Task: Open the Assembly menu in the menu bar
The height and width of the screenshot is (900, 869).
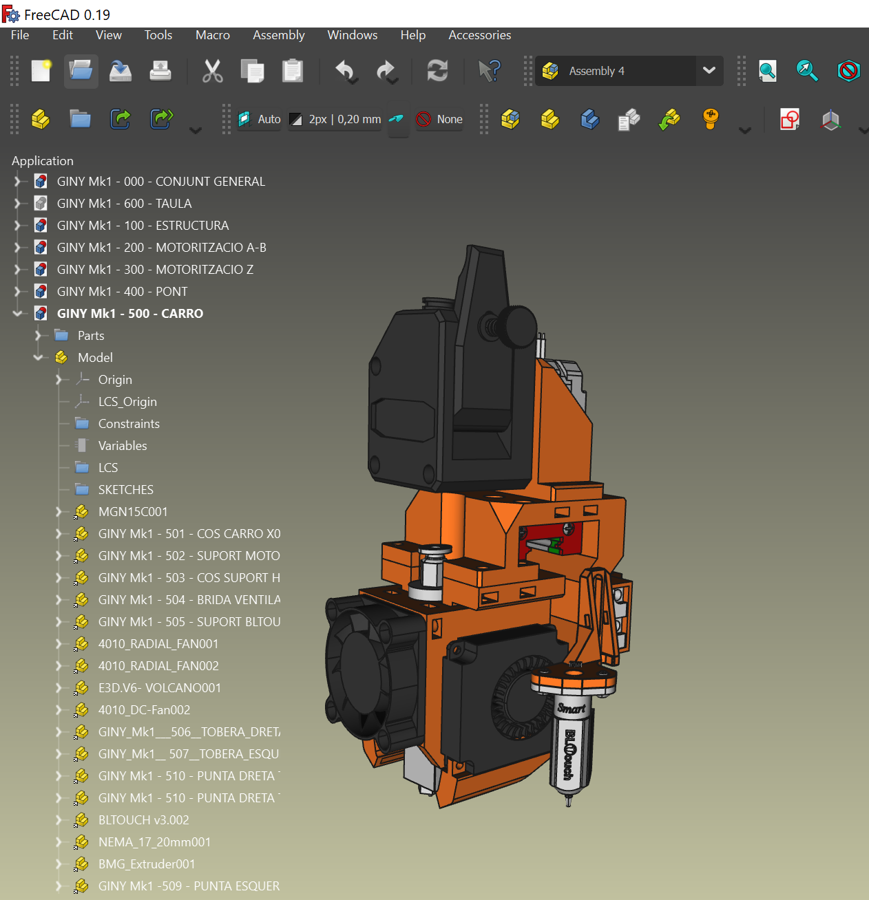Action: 278,35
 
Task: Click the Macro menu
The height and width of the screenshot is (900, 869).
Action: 212,35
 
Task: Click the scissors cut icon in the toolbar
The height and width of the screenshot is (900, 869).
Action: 212,71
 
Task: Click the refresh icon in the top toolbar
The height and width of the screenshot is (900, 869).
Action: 437,71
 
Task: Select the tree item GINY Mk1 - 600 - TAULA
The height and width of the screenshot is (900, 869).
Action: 124,204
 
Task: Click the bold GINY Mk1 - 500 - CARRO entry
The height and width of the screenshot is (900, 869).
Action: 129,314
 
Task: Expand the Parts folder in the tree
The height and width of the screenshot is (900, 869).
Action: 39,336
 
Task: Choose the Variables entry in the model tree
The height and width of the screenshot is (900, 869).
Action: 123,446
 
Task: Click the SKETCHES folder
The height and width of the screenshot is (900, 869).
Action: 125,490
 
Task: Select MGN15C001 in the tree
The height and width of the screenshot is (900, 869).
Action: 133,512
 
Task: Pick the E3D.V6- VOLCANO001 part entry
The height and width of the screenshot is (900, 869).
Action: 159,688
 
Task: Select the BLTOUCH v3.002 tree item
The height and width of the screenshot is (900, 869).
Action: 143,820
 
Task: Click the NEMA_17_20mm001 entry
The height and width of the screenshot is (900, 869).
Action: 154,842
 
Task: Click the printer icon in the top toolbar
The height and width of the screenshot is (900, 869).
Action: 160,71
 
